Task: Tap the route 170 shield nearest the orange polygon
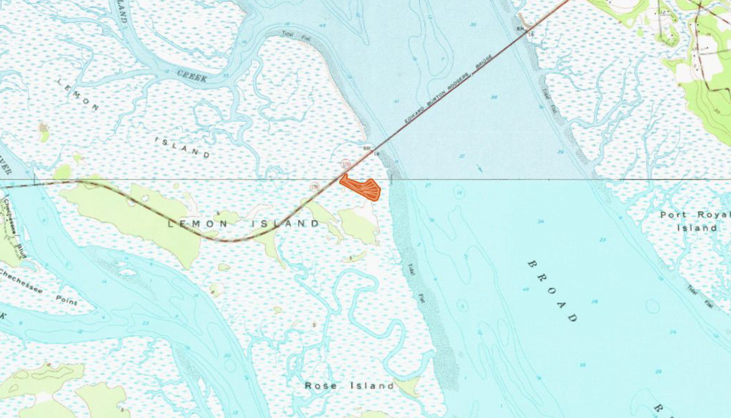point(345,165)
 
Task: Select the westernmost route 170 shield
point(315,187)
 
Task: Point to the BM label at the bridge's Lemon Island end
point(367,148)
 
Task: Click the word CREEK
point(192,76)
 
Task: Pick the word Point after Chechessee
point(65,300)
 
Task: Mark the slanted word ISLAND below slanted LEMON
point(183,146)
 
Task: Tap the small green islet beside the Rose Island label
point(408,386)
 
